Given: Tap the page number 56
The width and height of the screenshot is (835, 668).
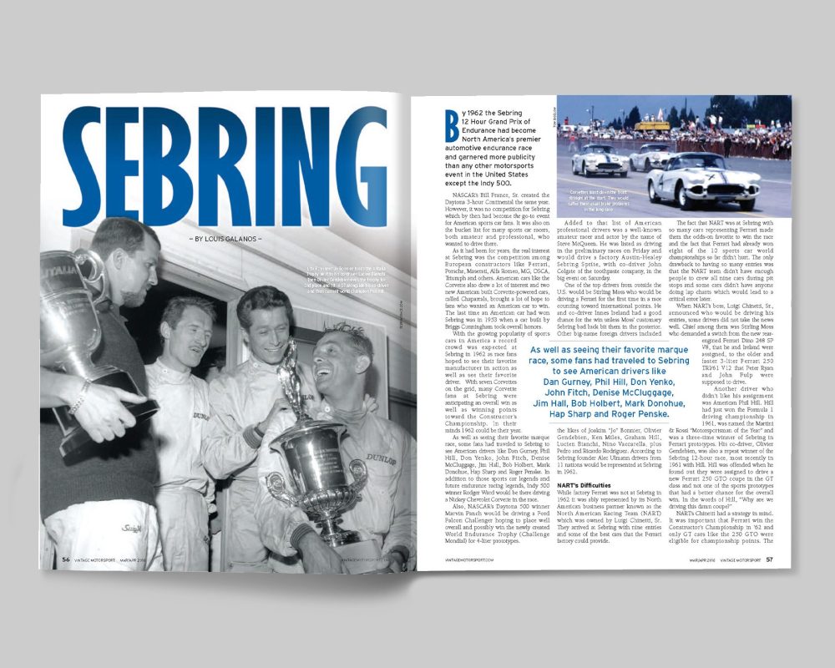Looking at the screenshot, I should tap(65, 559).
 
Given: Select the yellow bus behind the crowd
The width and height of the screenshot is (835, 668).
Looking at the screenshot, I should tap(652, 126).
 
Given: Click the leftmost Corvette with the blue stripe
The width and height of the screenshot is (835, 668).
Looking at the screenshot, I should tap(600, 160).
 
